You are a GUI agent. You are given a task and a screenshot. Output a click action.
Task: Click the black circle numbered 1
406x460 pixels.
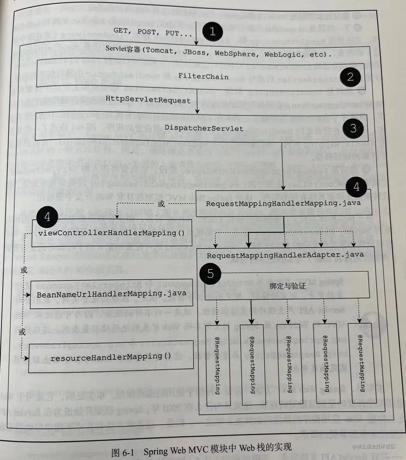[212, 32]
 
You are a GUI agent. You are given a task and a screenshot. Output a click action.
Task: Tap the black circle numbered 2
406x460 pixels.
[350, 77]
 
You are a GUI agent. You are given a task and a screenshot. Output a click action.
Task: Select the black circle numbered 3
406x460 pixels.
[353, 128]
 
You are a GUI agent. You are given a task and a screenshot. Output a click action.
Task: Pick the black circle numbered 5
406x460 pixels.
[210, 274]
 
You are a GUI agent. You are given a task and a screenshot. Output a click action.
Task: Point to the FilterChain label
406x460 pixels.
[203, 76]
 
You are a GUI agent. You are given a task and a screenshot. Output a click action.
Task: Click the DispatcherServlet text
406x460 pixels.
[204, 128]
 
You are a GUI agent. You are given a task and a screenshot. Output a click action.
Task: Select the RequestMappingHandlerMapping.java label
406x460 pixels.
[283, 203]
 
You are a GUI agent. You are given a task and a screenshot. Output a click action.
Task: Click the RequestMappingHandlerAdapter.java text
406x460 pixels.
[285, 255]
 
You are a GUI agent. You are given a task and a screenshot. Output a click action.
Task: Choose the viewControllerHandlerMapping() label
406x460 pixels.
[111, 233]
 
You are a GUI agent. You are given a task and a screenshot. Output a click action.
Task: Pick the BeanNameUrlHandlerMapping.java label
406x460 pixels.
[111, 294]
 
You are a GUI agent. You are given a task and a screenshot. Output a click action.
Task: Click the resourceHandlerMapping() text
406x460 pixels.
[111, 357]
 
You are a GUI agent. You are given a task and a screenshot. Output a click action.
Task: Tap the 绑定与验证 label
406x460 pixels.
[287, 286]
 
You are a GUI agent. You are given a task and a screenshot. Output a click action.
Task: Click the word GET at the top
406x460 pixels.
[120, 31]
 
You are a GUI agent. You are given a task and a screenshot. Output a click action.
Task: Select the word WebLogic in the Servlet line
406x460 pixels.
[282, 54]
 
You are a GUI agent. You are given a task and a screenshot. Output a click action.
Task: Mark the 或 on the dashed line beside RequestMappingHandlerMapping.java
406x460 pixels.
[161, 204]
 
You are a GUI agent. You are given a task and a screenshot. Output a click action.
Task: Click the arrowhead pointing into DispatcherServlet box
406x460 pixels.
[197, 111]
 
